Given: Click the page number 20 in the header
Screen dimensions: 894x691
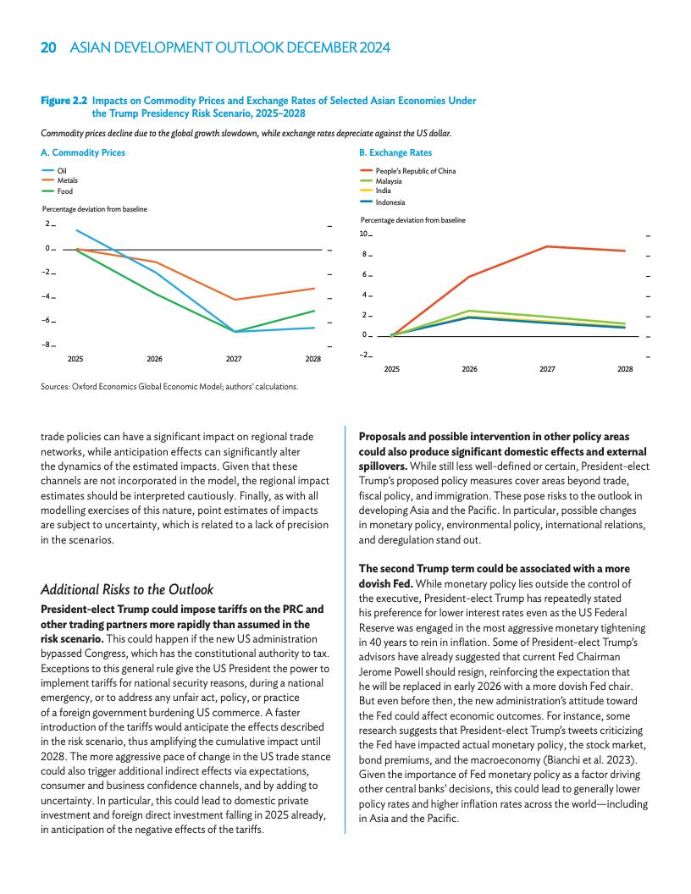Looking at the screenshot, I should click(48, 48).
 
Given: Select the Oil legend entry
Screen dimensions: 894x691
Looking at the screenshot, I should click(62, 172).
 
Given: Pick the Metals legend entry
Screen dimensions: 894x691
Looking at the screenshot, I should click(66, 181).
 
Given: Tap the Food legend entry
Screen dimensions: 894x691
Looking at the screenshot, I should click(64, 191).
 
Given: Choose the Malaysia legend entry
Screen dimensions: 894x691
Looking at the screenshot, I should click(389, 182).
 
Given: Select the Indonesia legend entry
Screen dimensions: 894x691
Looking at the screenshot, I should click(390, 202).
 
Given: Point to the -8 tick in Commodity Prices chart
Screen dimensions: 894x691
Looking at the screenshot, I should click(48, 345).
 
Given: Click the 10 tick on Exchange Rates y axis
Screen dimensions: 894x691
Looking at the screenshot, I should click(364, 234).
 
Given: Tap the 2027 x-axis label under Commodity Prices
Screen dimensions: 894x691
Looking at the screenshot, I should click(234, 360).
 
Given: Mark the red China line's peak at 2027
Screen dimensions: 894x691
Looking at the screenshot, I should click(547, 246).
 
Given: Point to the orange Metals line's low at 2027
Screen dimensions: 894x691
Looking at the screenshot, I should click(234, 300).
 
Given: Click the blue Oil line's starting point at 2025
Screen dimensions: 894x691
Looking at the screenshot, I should click(76, 230).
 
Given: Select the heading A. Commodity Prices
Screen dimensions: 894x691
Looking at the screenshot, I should click(83, 153).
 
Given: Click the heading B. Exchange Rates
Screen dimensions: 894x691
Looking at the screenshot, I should click(395, 153).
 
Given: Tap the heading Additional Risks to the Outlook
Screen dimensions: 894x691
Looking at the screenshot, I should click(127, 589).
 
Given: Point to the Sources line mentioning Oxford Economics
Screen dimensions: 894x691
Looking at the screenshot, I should click(169, 387).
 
